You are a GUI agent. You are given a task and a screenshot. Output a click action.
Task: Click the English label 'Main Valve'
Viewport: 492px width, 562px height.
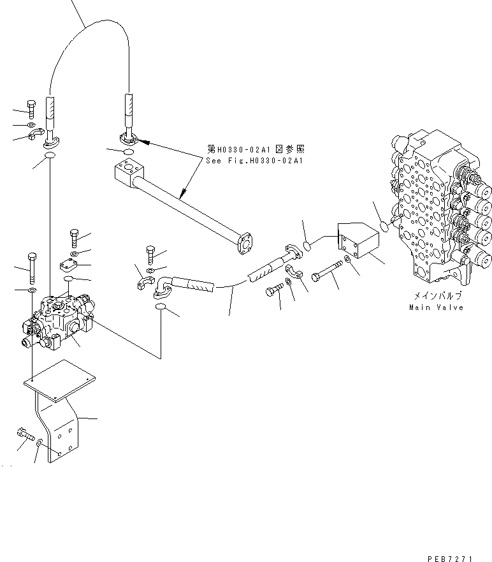[x=436, y=307]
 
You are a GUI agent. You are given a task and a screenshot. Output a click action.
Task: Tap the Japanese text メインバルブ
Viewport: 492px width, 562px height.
[x=436, y=297]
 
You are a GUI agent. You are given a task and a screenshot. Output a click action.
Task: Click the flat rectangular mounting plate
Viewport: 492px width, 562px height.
[x=59, y=381]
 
